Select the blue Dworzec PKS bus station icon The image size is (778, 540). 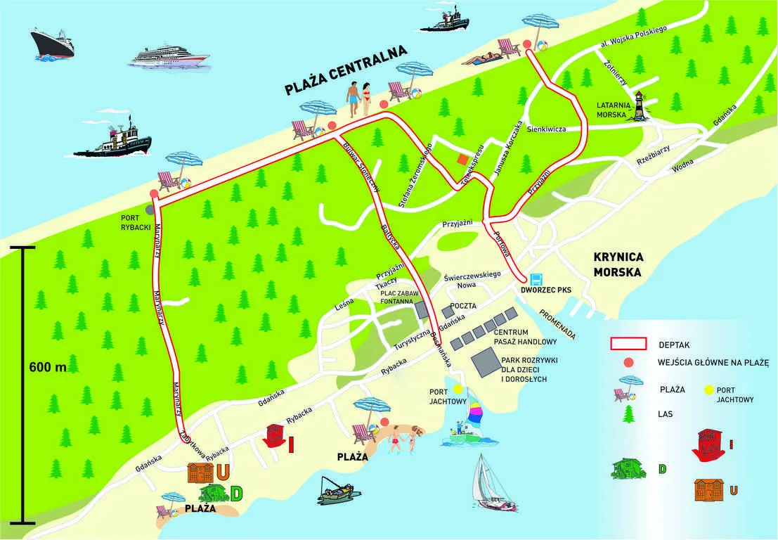tap(536, 278)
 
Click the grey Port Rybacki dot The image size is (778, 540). tap(150, 210)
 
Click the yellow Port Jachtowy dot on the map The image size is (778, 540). tap(458, 389)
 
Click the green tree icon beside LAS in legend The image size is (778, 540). tap(626, 414)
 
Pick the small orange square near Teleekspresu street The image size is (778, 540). tap(462, 160)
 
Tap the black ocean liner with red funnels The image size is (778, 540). tap(53, 44)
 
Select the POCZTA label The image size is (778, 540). tap(465, 306)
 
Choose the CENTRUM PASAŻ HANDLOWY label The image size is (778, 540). tap(525, 337)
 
